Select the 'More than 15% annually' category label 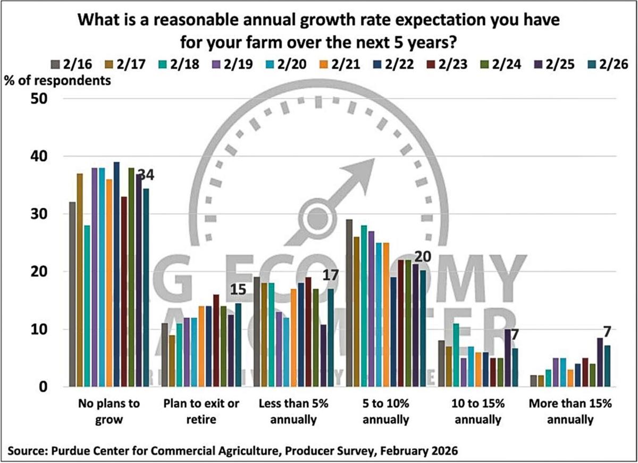(x=570, y=411)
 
